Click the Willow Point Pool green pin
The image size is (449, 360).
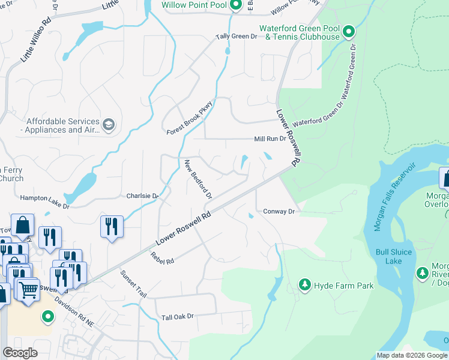click(x=236, y=6)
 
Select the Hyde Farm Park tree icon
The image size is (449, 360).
click(x=306, y=286)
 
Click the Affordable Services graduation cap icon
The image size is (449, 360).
click(x=109, y=125)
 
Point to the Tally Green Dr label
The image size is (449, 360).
click(x=237, y=37)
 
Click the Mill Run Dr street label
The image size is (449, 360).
click(x=270, y=139)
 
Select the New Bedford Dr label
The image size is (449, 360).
click(x=199, y=179)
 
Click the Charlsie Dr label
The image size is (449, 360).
click(x=142, y=196)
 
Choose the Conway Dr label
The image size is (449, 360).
click(x=279, y=211)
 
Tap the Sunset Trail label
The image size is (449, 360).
click(x=133, y=284)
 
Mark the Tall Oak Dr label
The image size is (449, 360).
click(x=178, y=316)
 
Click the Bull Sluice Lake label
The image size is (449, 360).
click(x=394, y=256)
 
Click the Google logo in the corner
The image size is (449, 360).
click(x=20, y=352)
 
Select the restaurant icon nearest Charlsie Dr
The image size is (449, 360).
click(x=112, y=226)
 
